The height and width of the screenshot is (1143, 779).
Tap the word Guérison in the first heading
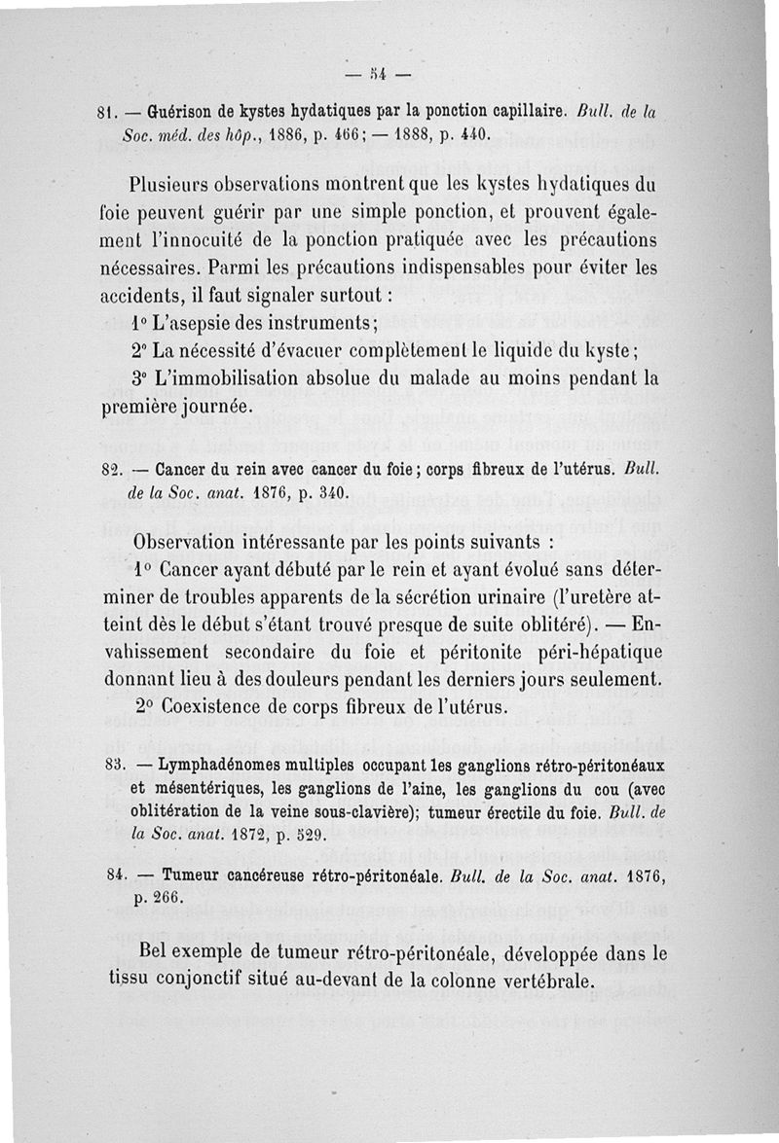pyautogui.click(x=195, y=109)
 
